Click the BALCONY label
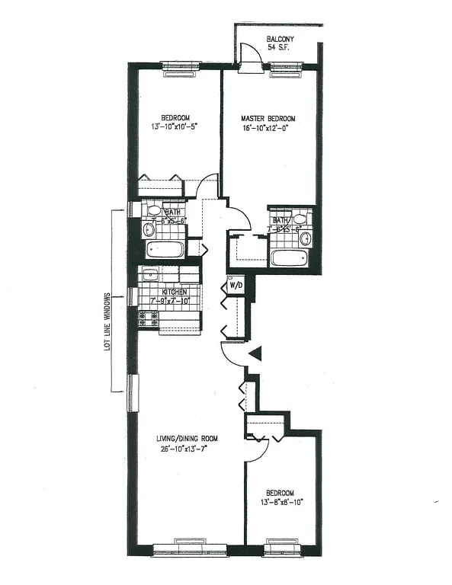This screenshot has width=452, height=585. (281, 39)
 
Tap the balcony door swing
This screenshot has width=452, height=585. (247, 56)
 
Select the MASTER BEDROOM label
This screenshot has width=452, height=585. (268, 119)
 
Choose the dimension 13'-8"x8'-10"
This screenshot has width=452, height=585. (281, 503)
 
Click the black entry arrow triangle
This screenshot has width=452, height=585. (257, 353)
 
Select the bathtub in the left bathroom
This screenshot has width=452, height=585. (165, 250)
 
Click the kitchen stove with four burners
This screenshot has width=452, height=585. (149, 318)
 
